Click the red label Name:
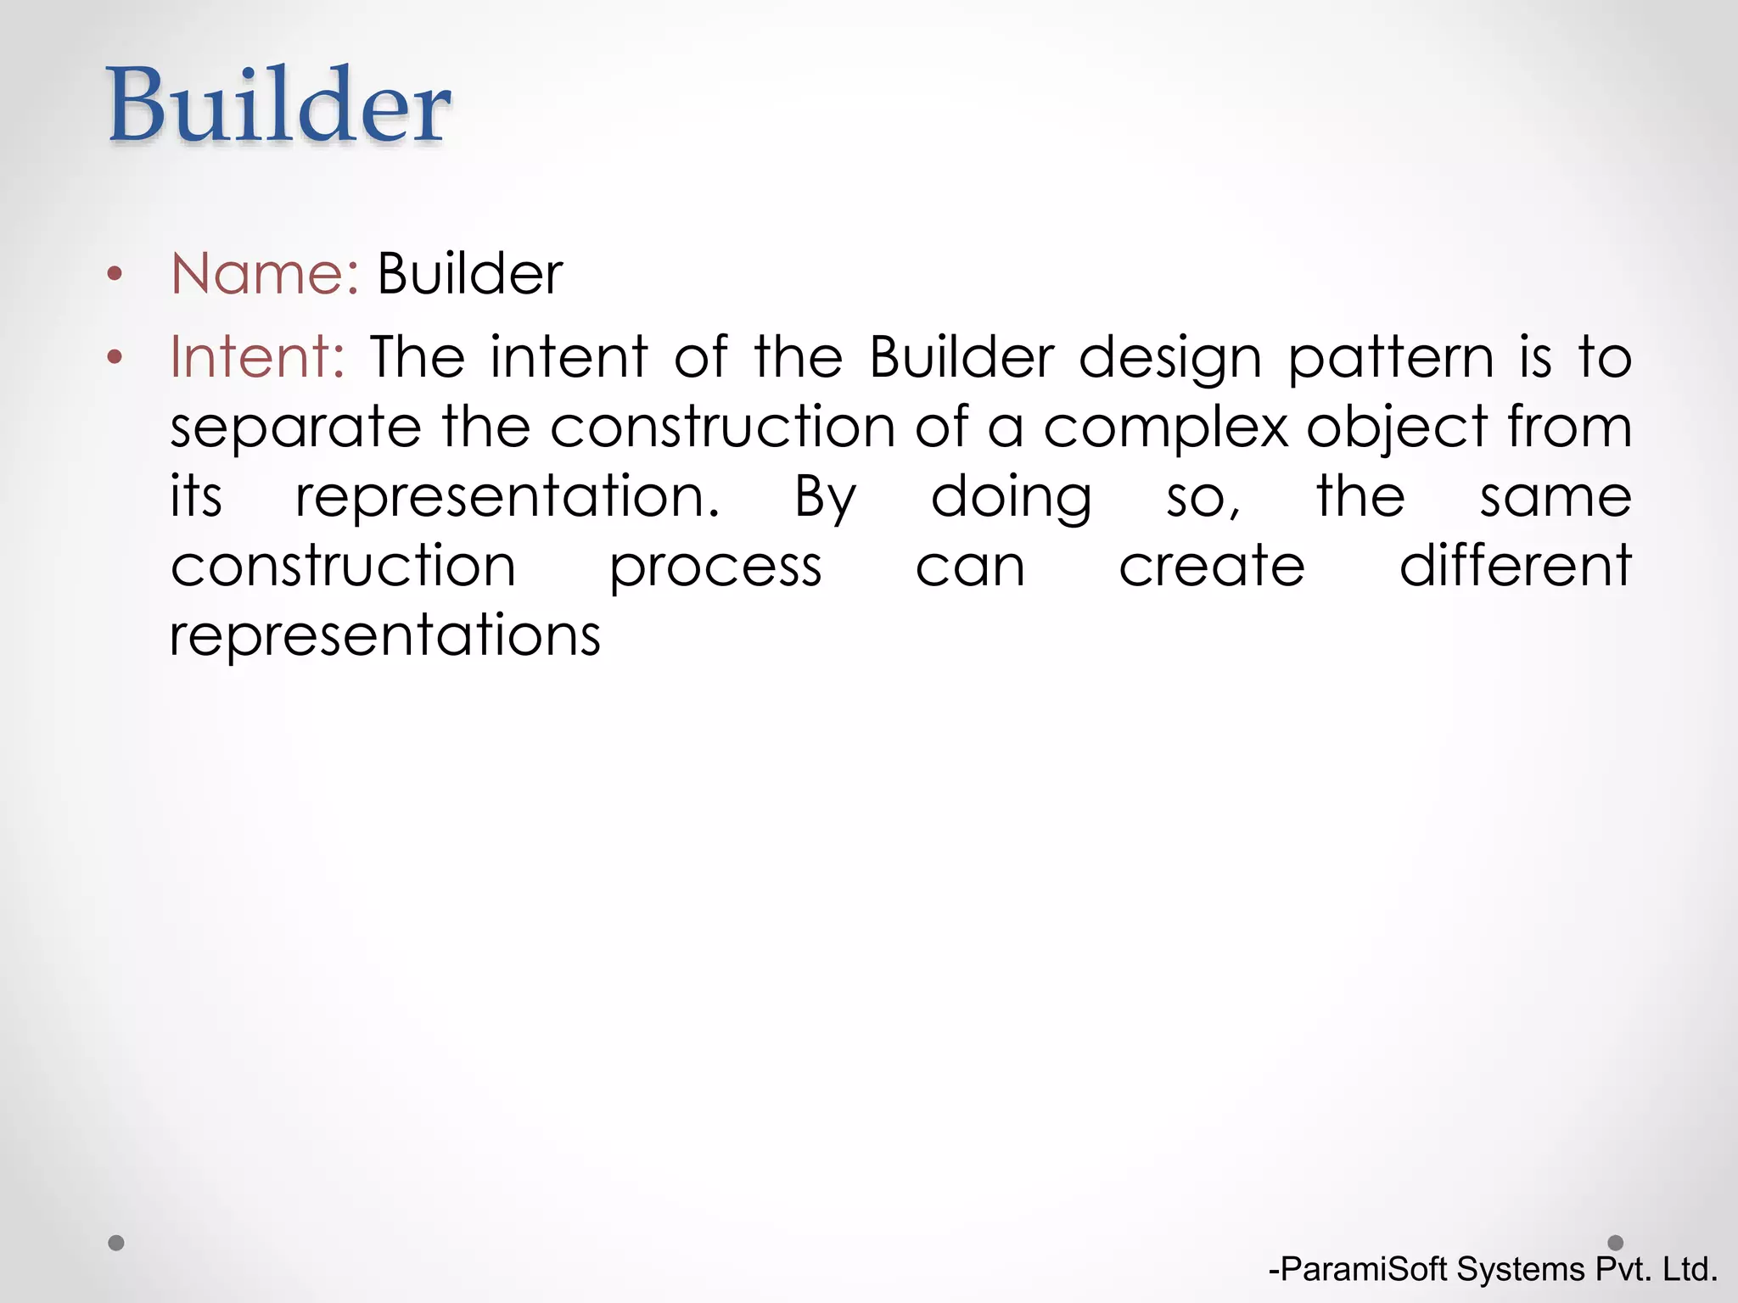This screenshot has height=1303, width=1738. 265,274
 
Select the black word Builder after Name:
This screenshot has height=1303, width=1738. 469,274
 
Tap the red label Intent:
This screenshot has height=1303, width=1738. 257,356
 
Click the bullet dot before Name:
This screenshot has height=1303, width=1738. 115,275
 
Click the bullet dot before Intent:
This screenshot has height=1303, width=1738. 115,357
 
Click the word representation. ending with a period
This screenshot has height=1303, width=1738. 507,498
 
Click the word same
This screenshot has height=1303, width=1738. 1555,498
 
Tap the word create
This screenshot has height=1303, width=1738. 1211,567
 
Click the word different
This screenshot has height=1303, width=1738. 1515,566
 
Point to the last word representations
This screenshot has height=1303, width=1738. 385,636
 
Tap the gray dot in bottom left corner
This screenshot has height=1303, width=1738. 116,1243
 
